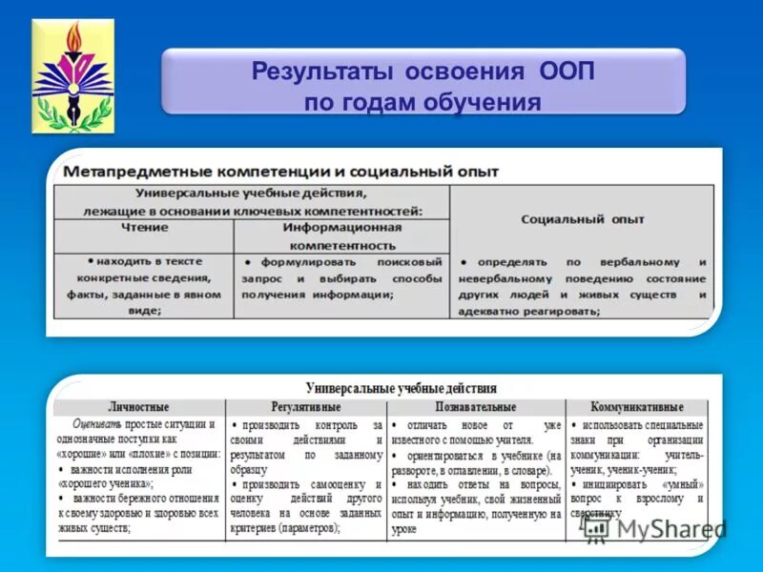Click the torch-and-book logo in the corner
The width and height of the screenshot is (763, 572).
point(72,75)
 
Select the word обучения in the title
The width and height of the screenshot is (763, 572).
point(485,102)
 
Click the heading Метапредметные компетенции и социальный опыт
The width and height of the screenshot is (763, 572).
point(280,172)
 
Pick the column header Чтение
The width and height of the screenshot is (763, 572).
point(144,228)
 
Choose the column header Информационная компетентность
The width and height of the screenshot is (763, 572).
point(341,236)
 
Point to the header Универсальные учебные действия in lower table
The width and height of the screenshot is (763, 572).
point(401,389)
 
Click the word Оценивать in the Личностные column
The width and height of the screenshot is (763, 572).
point(95,424)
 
